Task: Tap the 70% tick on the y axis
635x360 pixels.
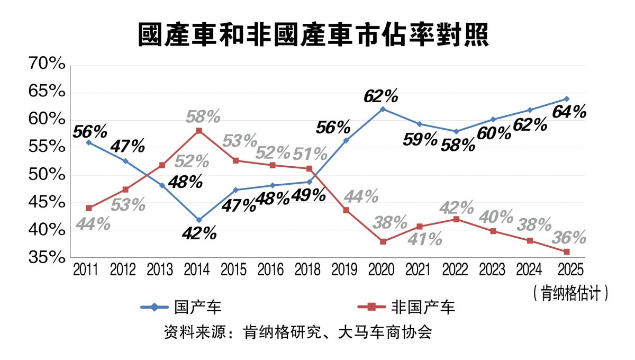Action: (48, 65)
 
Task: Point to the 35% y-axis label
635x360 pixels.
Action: (48, 258)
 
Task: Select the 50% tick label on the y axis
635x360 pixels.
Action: (48, 175)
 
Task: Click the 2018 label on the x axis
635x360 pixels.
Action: (309, 270)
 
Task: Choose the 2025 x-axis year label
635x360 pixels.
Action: (566, 270)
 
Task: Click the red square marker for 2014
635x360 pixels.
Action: (198, 130)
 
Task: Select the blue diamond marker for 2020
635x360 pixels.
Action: (383, 109)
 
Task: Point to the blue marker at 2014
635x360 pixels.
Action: (198, 220)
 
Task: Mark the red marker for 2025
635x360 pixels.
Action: (566, 251)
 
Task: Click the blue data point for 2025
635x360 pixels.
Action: (566, 98)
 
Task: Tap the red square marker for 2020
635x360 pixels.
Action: (383, 241)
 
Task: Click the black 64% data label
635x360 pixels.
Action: (569, 112)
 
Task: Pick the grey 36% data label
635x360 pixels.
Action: (569, 237)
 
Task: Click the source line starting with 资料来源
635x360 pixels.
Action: (298, 332)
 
